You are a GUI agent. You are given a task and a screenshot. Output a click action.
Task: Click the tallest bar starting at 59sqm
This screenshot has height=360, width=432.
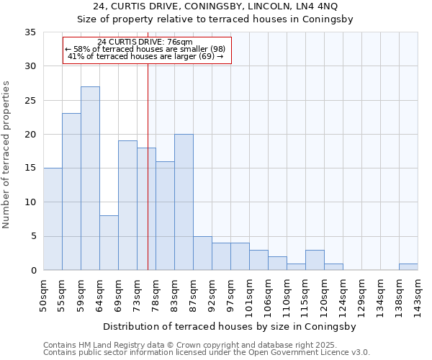[90, 179]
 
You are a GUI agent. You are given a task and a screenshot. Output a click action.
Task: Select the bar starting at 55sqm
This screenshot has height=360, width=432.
[71, 192]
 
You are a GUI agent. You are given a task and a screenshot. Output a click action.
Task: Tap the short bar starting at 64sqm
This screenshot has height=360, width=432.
[109, 243]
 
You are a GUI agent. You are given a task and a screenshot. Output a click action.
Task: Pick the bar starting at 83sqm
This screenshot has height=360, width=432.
[184, 202]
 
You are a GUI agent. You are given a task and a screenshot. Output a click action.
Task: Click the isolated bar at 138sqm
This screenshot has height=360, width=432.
[408, 266]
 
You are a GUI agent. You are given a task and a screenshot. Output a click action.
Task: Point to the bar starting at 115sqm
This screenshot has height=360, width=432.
[315, 260]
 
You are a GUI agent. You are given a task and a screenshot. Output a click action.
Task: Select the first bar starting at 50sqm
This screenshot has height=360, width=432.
[53, 219]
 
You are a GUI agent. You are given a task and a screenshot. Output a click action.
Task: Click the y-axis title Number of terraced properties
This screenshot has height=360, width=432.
[7, 155]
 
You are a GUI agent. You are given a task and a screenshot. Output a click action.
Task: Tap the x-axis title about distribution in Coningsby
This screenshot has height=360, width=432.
[215, 326]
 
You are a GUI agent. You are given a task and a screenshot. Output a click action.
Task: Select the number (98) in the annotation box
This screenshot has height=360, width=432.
[216, 49]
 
